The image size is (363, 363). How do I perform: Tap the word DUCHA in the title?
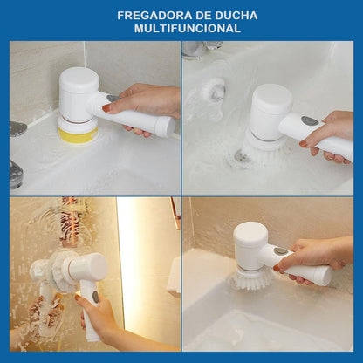(x=236, y=16)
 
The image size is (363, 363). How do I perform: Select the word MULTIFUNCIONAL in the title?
(x=188, y=29)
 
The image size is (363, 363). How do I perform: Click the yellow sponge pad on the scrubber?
(x=78, y=135)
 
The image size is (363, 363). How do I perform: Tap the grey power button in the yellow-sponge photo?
(x=113, y=99)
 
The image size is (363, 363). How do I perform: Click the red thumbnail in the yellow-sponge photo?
(x=106, y=108)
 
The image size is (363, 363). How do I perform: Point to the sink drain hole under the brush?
(x=242, y=156)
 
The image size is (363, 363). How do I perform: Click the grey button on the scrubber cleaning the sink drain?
(x=310, y=120)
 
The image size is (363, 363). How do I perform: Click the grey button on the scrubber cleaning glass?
(x=95, y=297)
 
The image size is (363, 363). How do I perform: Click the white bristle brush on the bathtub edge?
(x=251, y=279)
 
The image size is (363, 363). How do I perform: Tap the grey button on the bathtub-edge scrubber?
(x=280, y=251)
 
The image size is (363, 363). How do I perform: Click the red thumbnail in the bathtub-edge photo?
(x=277, y=267)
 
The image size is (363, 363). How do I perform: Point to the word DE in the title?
(x=204, y=16)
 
